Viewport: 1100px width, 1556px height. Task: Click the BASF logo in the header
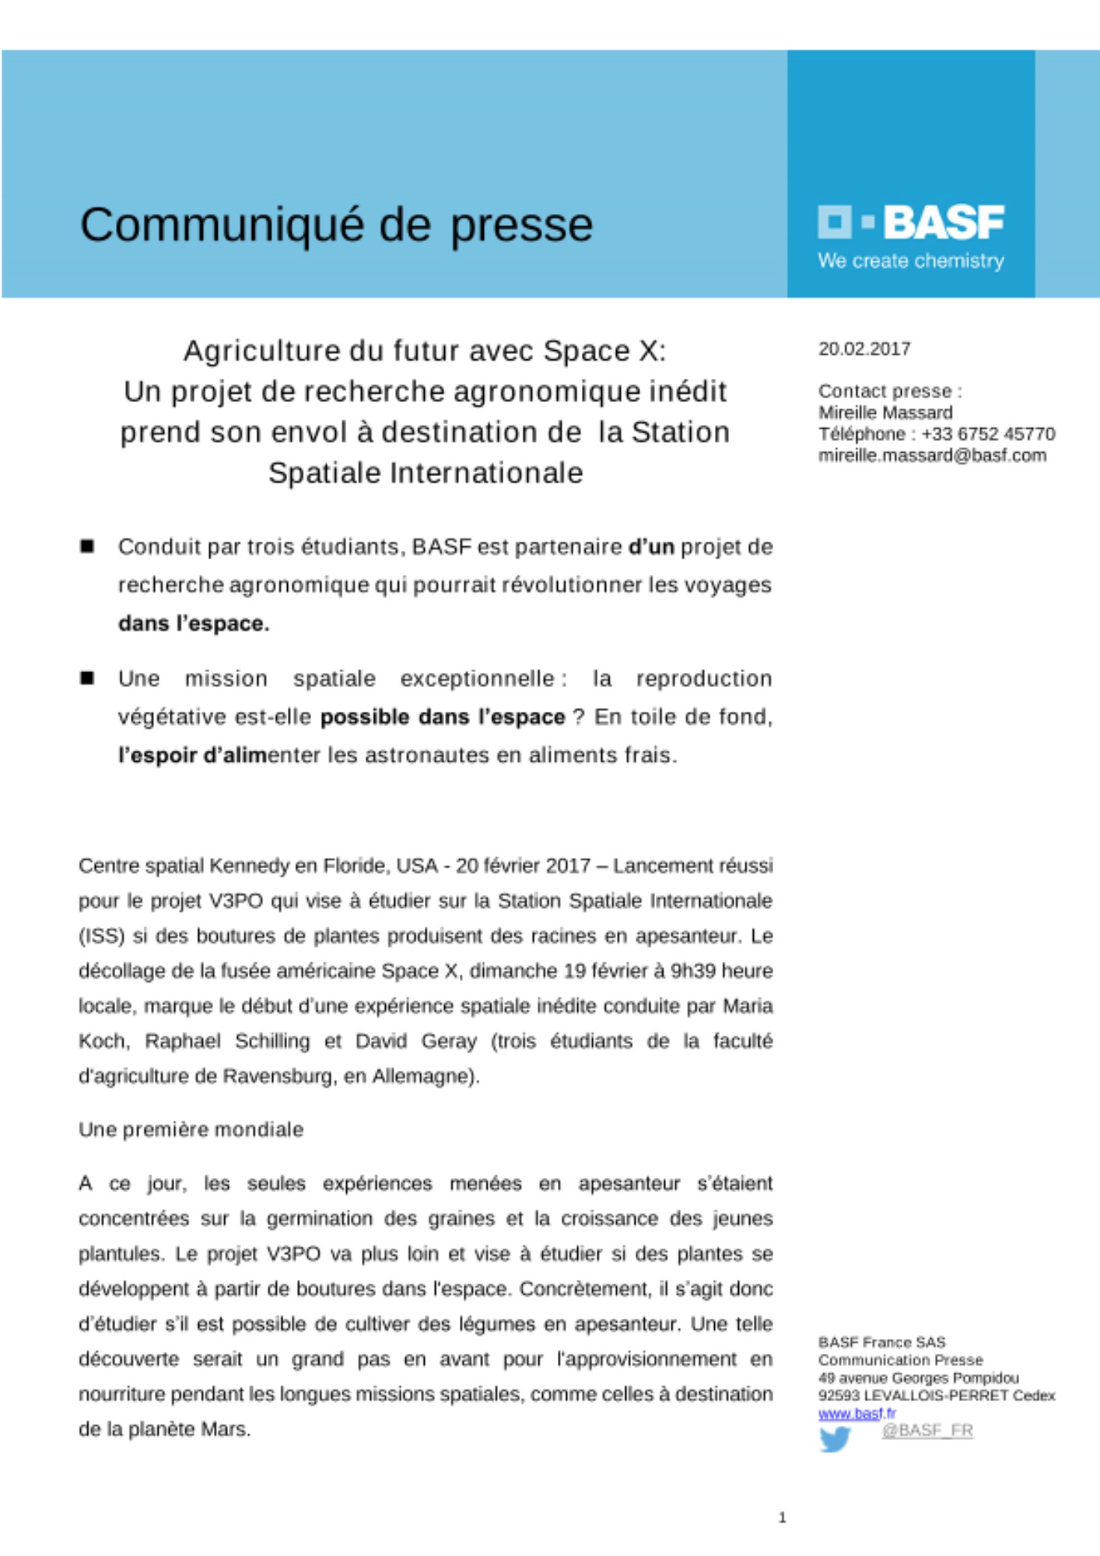point(911,223)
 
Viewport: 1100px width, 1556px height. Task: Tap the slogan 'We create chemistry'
point(911,261)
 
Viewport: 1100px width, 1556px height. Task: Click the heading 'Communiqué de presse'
point(336,225)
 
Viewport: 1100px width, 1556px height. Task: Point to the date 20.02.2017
point(864,349)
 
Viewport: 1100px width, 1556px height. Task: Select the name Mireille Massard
point(885,412)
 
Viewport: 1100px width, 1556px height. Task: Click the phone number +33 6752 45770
point(988,434)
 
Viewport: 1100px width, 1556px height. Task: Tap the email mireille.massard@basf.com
point(932,455)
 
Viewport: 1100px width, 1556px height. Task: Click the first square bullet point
point(87,546)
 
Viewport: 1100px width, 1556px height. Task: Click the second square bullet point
point(87,678)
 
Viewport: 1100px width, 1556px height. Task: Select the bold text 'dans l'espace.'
point(194,624)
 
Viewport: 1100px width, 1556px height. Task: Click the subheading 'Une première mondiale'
point(191,1130)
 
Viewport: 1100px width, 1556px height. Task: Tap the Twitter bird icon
point(835,1439)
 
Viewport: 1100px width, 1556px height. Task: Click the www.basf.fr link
point(857,1413)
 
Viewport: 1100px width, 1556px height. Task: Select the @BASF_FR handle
point(927,1430)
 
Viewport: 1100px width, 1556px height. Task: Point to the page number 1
point(783,1517)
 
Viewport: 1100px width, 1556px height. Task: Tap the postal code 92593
point(839,1396)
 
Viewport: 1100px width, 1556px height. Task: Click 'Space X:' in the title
point(604,351)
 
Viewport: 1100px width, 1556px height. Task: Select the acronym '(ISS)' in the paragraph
point(102,936)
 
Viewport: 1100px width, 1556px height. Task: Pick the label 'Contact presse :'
point(890,391)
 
